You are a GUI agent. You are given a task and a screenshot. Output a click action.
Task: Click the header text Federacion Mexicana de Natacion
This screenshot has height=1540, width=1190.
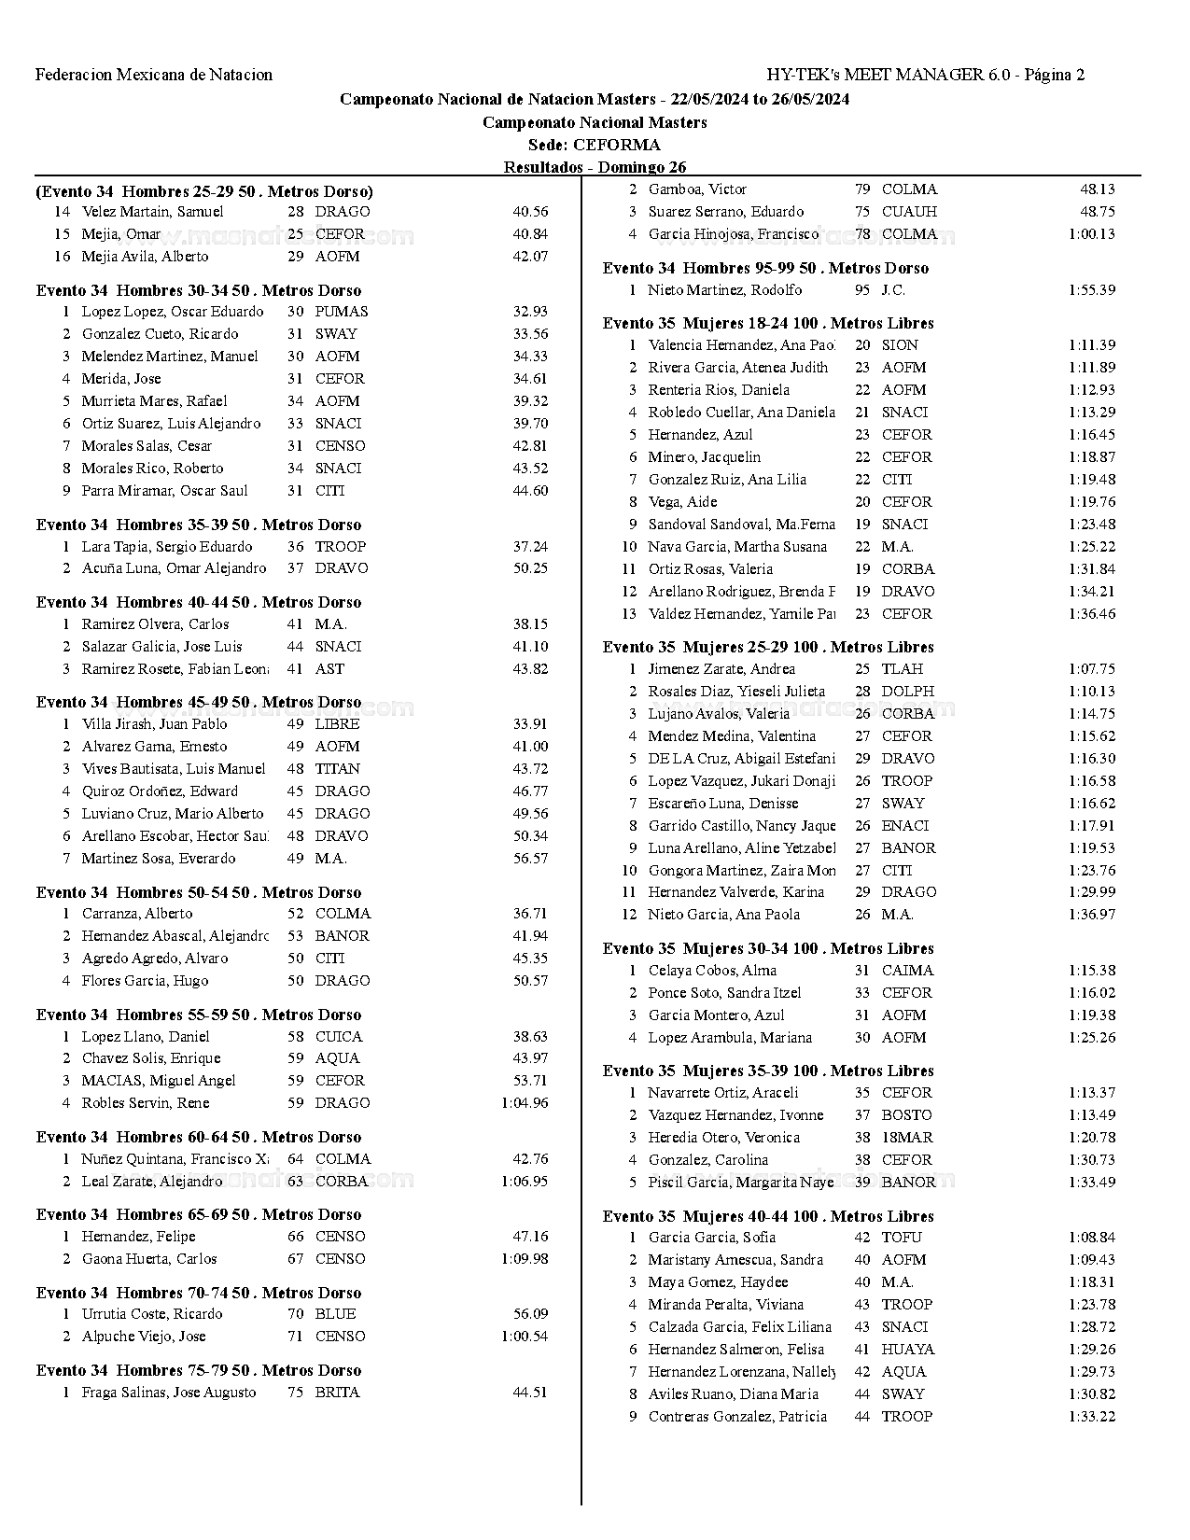[154, 75]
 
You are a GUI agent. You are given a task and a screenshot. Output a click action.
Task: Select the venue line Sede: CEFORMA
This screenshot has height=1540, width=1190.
[595, 145]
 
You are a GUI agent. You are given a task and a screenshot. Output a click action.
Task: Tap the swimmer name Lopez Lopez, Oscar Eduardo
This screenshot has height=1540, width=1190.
[172, 312]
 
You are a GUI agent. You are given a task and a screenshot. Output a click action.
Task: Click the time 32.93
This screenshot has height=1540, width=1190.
[530, 312]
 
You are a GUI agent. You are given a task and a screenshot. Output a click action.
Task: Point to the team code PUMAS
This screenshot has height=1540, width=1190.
[342, 312]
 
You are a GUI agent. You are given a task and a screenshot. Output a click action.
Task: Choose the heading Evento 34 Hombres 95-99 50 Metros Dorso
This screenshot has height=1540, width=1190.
[765, 268]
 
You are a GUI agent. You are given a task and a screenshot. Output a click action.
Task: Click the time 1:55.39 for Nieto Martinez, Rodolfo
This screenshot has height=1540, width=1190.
[1091, 290]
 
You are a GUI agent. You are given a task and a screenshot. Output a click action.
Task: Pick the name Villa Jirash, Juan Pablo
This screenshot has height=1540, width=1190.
[154, 724]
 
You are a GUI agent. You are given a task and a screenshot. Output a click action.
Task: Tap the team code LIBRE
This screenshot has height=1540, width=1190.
[337, 724]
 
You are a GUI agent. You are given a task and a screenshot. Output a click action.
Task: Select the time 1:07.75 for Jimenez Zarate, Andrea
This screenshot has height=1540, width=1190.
[1091, 669]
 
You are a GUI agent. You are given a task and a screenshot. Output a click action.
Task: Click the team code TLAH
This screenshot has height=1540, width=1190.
[902, 669]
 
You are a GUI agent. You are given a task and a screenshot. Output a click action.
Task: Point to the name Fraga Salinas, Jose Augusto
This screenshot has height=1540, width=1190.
[168, 1393]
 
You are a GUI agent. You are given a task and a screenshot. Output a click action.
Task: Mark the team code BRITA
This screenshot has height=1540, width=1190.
[337, 1393]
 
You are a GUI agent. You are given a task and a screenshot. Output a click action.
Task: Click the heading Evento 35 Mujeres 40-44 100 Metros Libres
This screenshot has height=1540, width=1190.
[768, 1216]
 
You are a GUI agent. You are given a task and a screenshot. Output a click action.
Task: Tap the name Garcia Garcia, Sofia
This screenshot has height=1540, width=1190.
[711, 1238]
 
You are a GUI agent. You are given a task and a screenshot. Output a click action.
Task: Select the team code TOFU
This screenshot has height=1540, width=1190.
[901, 1238]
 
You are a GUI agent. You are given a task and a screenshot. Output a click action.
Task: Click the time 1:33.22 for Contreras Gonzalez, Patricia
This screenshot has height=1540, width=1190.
[1091, 1417]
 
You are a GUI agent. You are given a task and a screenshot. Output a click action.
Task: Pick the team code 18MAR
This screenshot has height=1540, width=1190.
[906, 1138]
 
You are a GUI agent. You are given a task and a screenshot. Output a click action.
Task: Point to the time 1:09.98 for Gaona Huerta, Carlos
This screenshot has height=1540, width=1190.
[525, 1259]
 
